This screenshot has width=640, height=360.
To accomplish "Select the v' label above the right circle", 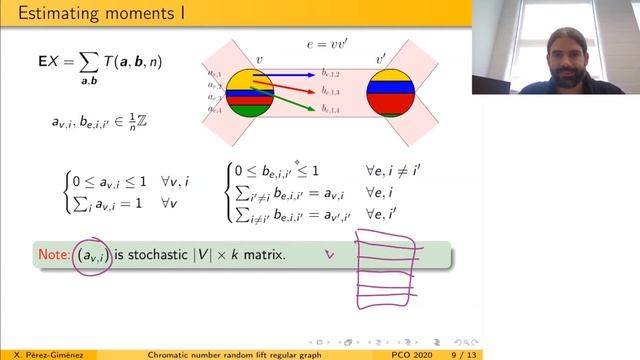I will pyautogui.click(x=381, y=60).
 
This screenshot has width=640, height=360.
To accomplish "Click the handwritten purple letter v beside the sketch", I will pyautogui.click(x=328, y=255).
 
